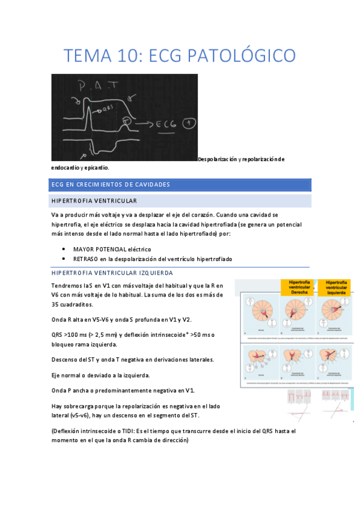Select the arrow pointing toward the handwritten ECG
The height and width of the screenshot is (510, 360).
pyautogui.click(x=142, y=125)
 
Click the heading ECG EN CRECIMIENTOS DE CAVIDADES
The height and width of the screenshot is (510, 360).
pyautogui.click(x=111, y=184)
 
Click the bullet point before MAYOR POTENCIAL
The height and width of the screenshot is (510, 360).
pyautogui.click(x=64, y=249)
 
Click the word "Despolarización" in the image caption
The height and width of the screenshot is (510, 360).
pyautogui.click(x=219, y=159)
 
